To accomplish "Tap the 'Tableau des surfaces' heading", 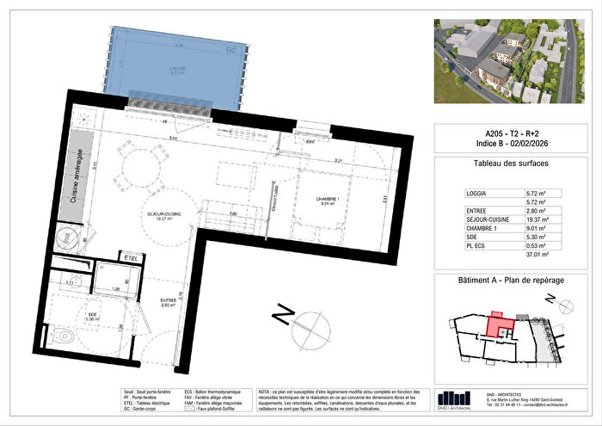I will coord(510,163).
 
